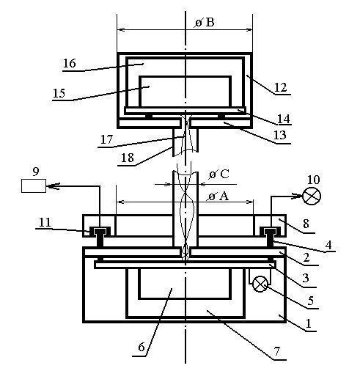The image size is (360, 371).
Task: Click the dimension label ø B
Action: (205, 23)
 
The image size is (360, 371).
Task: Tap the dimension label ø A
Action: (218, 196)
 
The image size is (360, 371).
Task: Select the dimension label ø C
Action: (219, 175)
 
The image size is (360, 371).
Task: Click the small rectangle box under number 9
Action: (34, 185)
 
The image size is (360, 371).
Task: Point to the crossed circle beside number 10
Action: (312, 196)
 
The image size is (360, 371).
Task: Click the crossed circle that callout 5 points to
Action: (260, 284)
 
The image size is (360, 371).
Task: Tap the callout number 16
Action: (70, 63)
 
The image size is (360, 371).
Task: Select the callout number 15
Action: (59, 93)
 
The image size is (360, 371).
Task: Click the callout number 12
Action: (280, 87)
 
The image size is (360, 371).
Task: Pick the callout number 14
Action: (284, 119)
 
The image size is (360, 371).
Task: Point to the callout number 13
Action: (279, 135)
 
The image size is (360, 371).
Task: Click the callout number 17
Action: (106, 139)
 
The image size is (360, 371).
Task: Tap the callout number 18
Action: (128, 158)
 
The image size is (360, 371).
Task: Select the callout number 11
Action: (45, 222)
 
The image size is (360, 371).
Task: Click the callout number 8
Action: (306, 224)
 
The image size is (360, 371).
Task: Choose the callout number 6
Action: (142, 347)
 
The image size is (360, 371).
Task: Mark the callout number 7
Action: (277, 351)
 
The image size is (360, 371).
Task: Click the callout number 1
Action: (309, 323)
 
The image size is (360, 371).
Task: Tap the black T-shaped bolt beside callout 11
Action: (100, 237)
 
